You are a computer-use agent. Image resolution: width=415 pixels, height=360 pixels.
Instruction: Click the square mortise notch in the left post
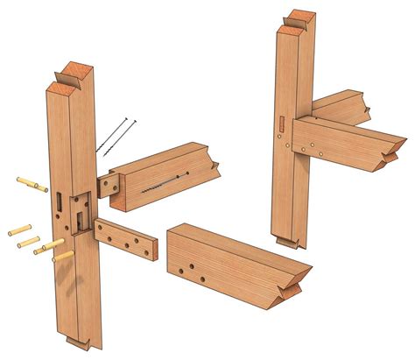[x=80, y=208]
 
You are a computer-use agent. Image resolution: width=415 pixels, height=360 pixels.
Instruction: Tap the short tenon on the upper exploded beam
[x=109, y=184]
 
